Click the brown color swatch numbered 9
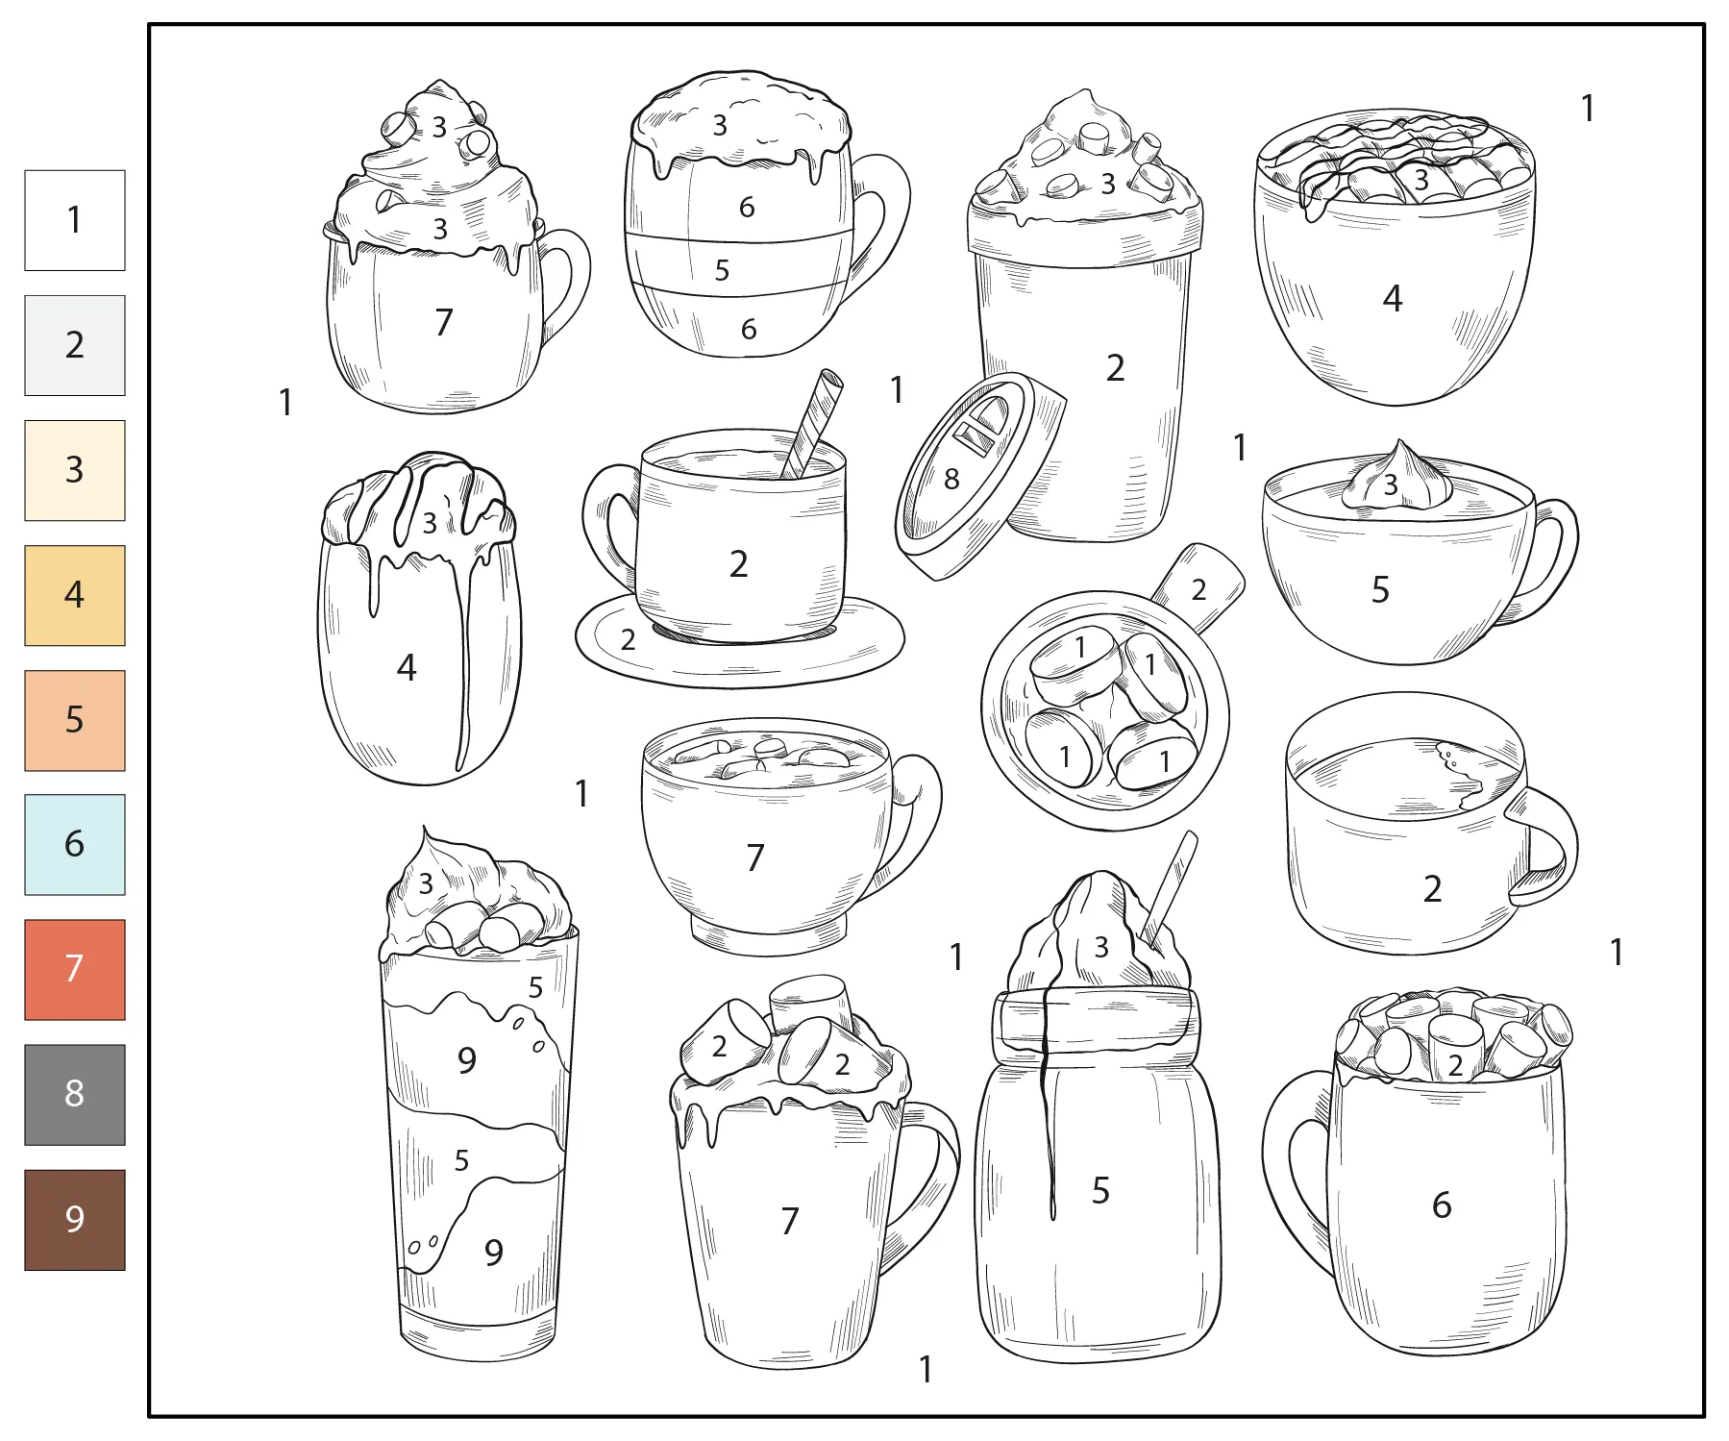[x=75, y=1219]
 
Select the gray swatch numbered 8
[x=75, y=1094]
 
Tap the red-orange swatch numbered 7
[x=75, y=969]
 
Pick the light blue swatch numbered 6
[x=75, y=844]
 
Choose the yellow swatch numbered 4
[x=75, y=595]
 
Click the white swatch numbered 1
[x=75, y=220]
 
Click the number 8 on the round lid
[x=951, y=479]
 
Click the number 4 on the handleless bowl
[x=1393, y=299]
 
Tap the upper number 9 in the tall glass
[x=467, y=1060]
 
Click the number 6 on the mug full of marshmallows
[x=1442, y=1205]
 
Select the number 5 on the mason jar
[x=1101, y=1191]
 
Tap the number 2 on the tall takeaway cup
[x=1115, y=368]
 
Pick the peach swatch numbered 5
[x=75, y=720]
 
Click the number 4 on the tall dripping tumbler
[x=407, y=668]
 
